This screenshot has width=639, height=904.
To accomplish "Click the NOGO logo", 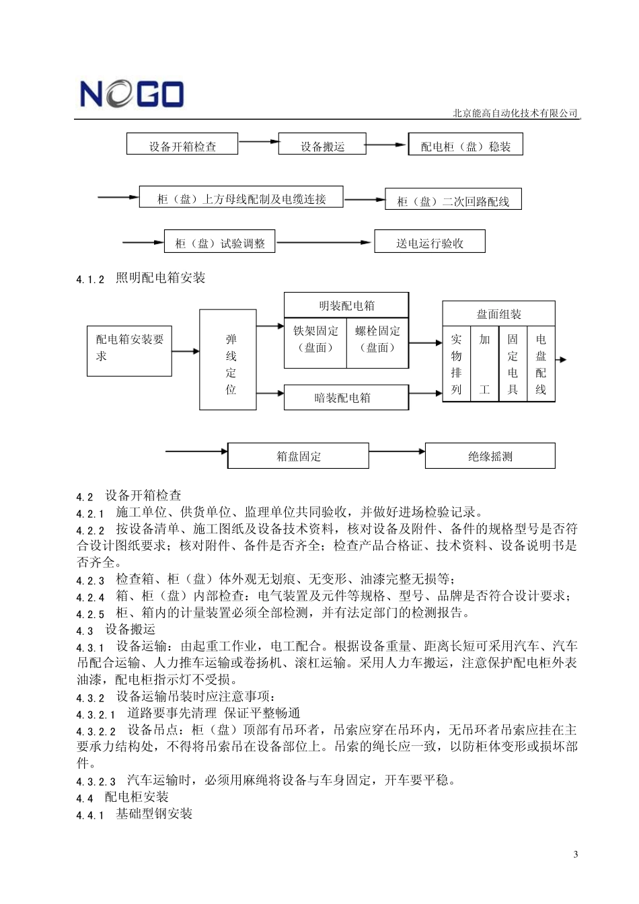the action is click(x=131, y=94).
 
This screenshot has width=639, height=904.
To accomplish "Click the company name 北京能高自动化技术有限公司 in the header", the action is click(x=515, y=114).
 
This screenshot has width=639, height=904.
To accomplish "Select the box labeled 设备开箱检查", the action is click(x=182, y=145).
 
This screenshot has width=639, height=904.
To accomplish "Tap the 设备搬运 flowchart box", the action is click(x=322, y=145).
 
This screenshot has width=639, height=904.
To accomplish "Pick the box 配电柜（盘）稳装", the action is click(x=465, y=145).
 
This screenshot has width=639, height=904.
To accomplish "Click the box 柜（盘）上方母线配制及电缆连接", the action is click(x=241, y=198).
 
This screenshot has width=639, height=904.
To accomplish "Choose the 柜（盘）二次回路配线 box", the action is click(x=453, y=200).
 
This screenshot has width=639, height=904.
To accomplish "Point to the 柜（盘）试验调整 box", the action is click(x=220, y=242).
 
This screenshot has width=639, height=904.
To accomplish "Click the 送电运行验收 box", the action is click(x=429, y=242).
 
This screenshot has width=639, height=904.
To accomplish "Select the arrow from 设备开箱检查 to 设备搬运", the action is click(x=258, y=142).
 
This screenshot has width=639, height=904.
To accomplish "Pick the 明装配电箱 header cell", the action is click(x=346, y=305).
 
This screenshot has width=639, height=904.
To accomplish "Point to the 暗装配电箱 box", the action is click(x=346, y=398).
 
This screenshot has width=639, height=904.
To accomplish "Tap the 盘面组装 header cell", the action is click(x=498, y=314).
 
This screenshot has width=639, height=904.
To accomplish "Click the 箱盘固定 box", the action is click(x=298, y=456).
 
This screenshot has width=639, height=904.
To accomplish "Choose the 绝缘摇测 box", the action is click(x=490, y=456).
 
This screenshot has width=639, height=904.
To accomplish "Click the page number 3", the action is click(x=575, y=855).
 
